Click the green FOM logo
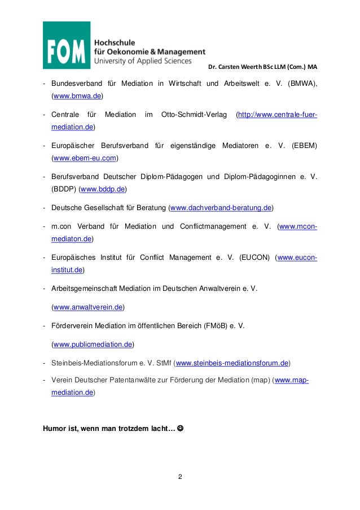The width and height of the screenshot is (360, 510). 67,45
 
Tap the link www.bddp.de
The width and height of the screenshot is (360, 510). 103,188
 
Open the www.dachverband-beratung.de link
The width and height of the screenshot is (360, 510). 221,208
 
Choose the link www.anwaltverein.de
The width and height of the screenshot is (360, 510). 87,307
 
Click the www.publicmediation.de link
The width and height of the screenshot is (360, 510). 93,344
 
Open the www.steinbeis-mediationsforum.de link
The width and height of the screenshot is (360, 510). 232,363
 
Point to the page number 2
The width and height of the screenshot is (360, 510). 180,478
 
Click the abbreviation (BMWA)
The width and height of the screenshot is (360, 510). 301,84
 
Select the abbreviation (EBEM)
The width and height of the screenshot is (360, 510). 304,146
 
